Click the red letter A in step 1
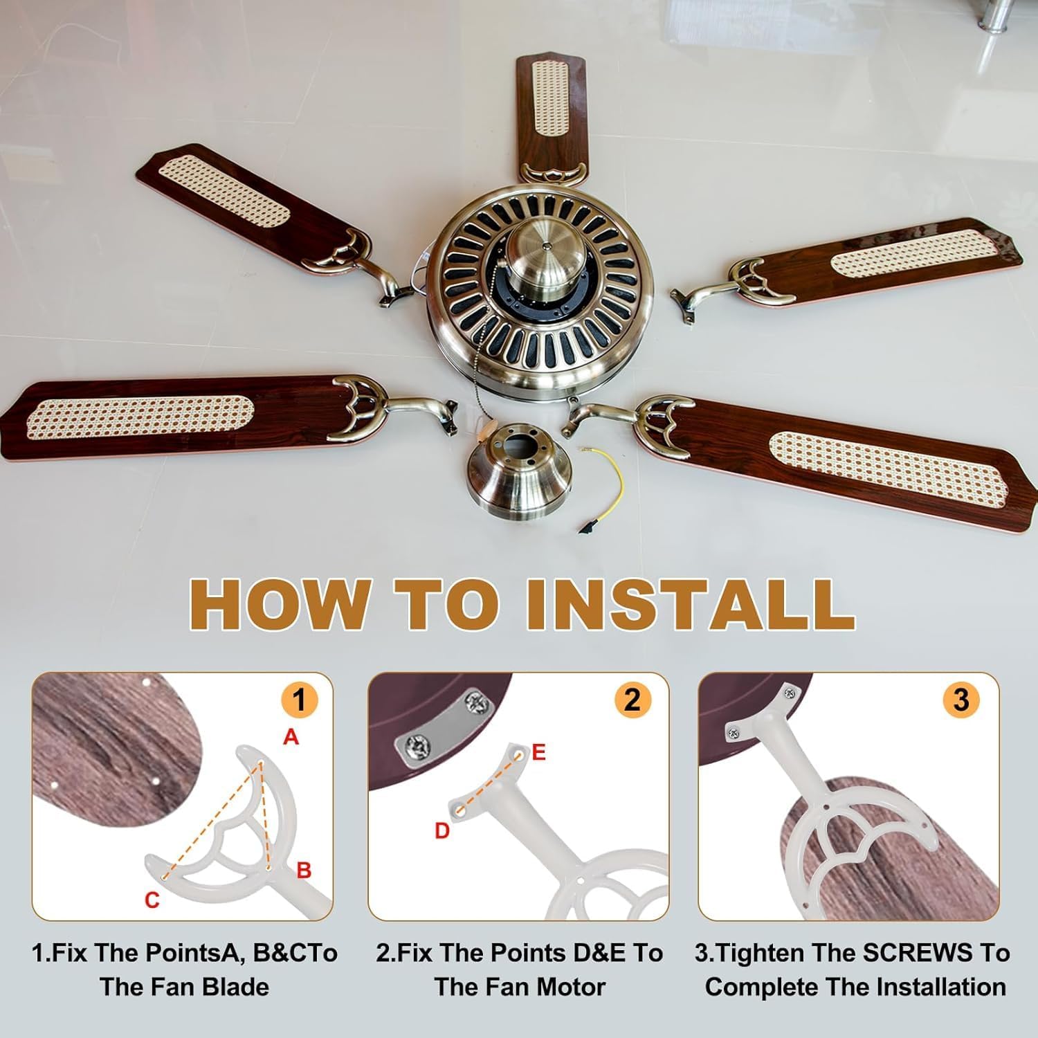point(291,738)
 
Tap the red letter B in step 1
point(304,870)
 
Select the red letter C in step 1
point(152,900)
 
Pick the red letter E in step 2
point(539,752)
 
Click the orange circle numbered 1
point(299,700)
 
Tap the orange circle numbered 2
point(632,700)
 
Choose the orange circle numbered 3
point(961,700)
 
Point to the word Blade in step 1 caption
point(236,987)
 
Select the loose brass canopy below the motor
point(520,481)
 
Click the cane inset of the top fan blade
point(552,97)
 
